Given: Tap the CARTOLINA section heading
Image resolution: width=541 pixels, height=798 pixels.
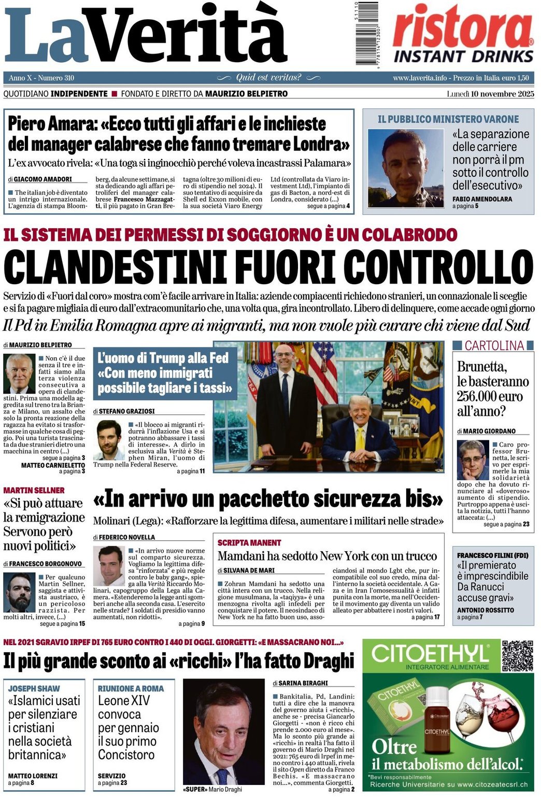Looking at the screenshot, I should (494, 345).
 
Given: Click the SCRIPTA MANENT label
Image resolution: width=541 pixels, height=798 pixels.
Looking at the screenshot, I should (249, 542).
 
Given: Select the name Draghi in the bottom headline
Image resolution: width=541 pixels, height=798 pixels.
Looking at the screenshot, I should (325, 661).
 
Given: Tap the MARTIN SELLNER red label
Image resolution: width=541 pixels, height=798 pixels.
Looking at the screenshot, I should (34, 490).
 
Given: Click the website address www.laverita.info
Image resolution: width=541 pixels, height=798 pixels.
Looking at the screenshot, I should (420, 78).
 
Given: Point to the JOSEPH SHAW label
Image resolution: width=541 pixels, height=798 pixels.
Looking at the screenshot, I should (34, 689).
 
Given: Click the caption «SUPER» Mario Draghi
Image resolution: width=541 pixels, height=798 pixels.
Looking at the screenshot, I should (212, 789).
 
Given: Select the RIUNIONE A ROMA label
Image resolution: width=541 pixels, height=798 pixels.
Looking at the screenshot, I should (131, 689).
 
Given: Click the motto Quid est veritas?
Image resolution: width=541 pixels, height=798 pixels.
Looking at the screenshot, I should (268, 78).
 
